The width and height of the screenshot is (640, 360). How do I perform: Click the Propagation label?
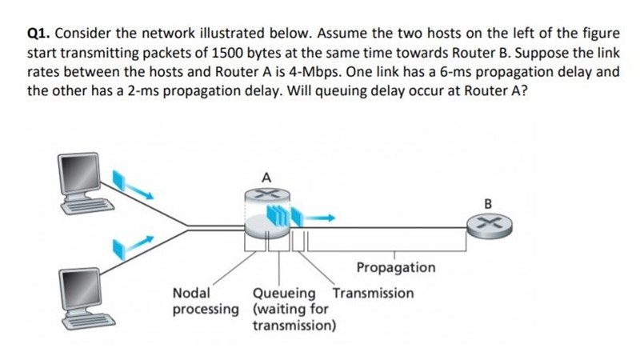click(x=395, y=267)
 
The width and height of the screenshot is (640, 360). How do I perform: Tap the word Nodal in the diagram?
click(x=191, y=293)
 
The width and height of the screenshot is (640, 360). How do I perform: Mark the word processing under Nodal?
click(x=206, y=309)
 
